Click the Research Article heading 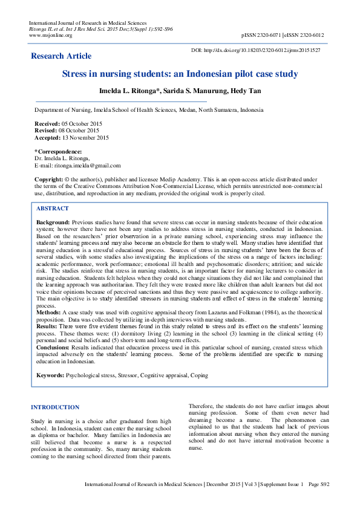click(x=61, y=56)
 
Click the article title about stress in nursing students click(x=180, y=74)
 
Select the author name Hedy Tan click(x=247, y=91)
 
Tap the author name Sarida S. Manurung click(x=194, y=91)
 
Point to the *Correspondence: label click(x=58, y=151)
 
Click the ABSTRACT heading click(x=53, y=208)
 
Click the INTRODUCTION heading click(x=55, y=407)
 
